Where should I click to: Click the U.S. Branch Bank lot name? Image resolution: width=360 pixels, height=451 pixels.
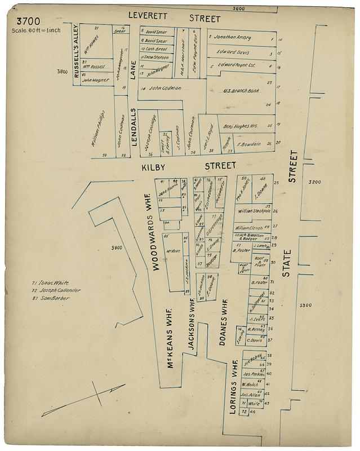(x=241, y=91)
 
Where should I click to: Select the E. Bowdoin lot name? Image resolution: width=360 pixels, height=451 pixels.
(x=248, y=144)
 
